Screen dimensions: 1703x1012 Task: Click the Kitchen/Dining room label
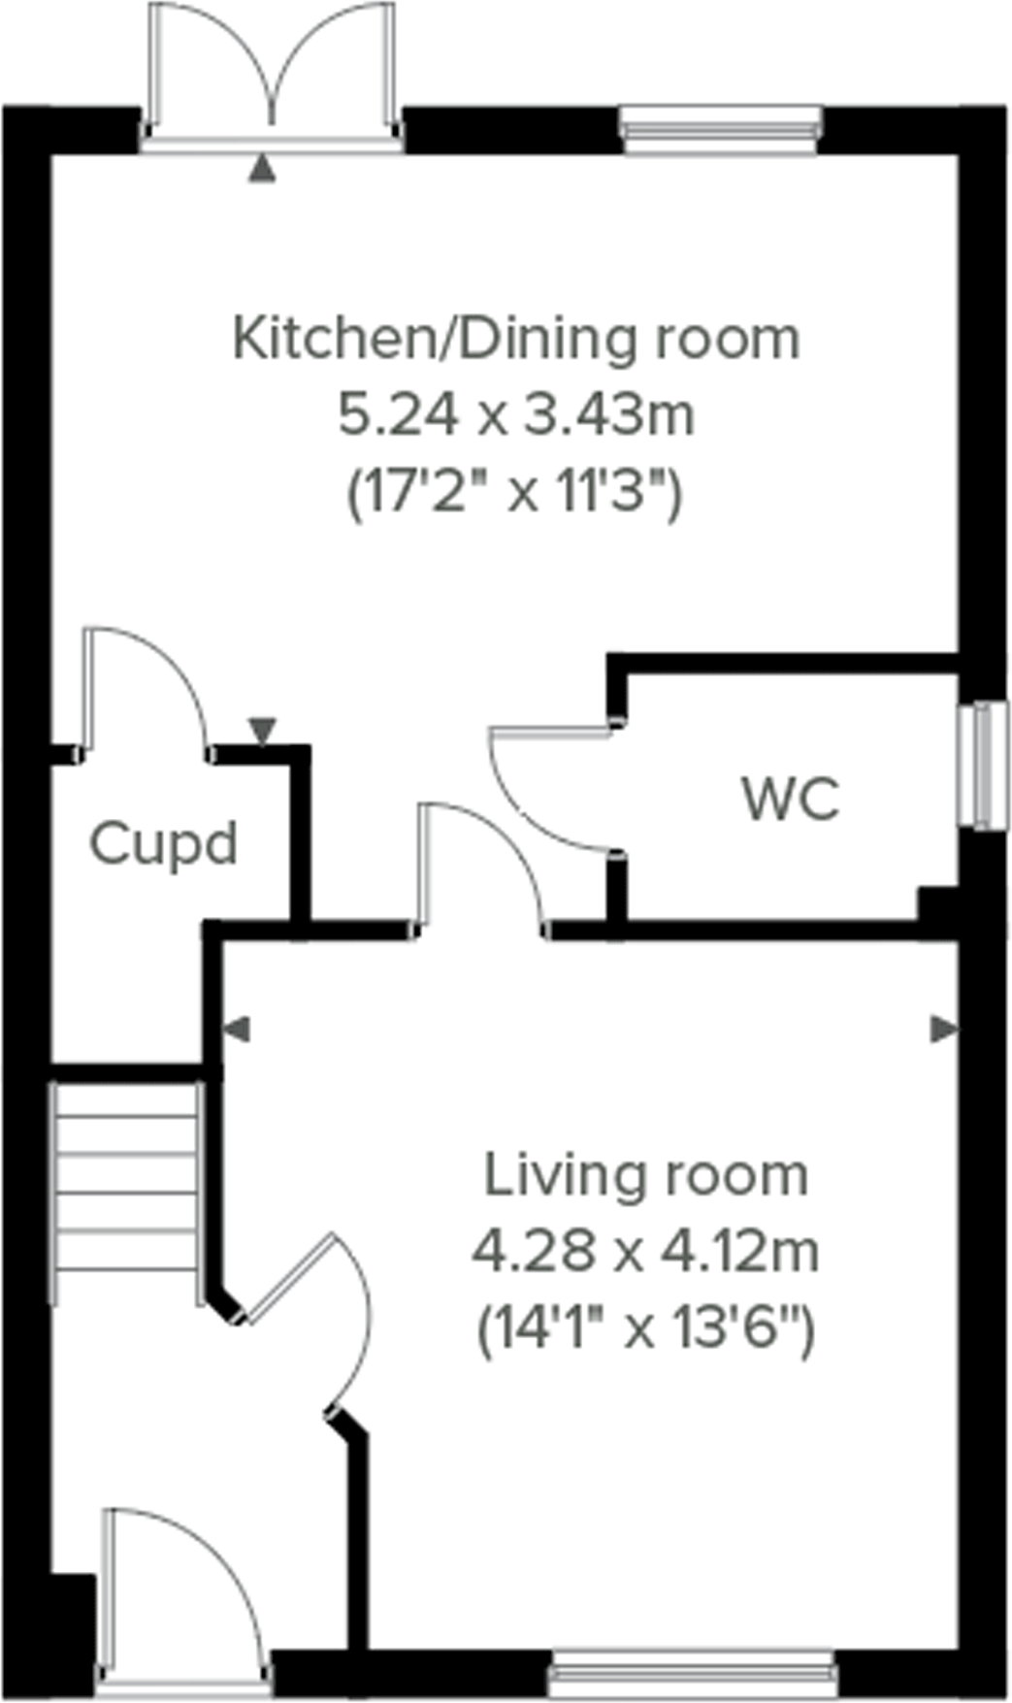[x=516, y=340]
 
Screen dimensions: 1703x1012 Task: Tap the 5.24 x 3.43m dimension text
[x=516, y=416]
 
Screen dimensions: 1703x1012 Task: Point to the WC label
[x=791, y=800]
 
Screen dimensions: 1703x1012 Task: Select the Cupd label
[x=163, y=844]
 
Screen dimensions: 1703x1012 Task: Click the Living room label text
[x=645, y=1175]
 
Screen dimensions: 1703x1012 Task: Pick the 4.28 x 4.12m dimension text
[x=645, y=1251]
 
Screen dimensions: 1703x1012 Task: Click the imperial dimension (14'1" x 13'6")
[x=645, y=1326]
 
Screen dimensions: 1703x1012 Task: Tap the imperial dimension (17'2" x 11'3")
[x=516, y=493]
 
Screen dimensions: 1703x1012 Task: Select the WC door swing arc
[x=543, y=791]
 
